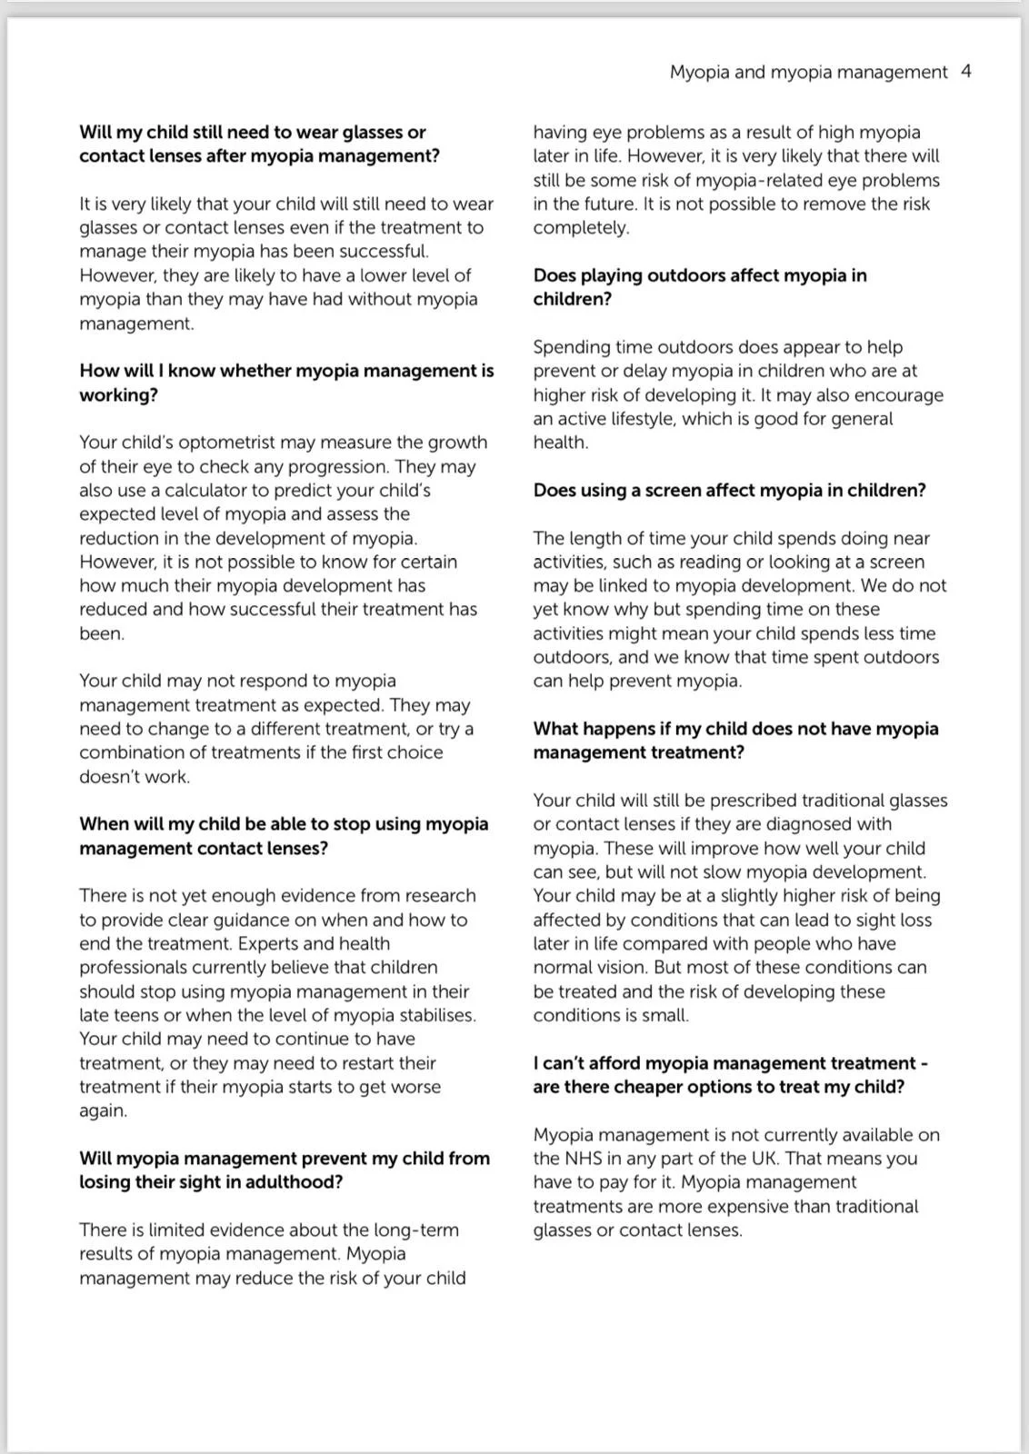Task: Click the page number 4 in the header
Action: coord(965,72)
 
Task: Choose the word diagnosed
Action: coord(804,824)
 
